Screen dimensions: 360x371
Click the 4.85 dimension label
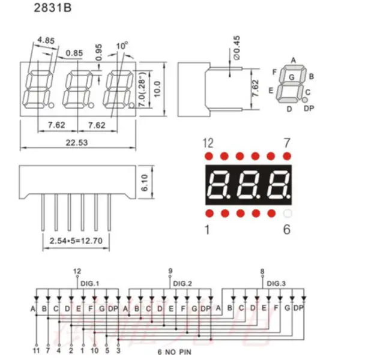coord(46,41)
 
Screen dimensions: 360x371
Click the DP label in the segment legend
coord(309,108)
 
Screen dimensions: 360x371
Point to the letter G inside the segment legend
coord(291,77)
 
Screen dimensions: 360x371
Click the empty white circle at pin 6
coord(287,214)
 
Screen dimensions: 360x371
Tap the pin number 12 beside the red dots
coord(208,142)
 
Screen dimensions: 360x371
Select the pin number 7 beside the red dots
coord(288,142)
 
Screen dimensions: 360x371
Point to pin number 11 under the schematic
coord(36,348)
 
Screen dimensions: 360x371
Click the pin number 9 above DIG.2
coord(170,271)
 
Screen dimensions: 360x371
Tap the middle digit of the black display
coord(248,184)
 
